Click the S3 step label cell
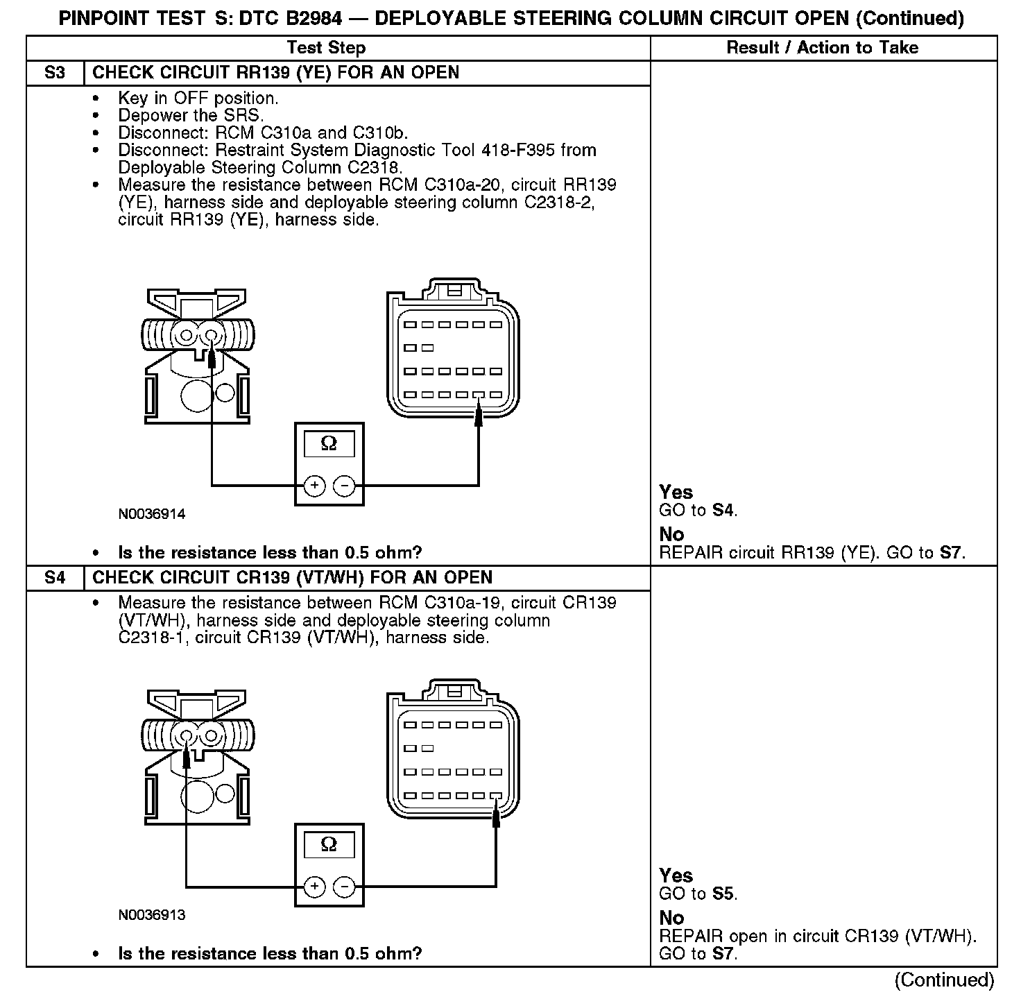point(55,73)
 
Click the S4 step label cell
point(55,578)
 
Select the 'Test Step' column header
point(326,48)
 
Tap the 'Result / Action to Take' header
point(822,48)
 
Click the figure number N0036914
point(152,515)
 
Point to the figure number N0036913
point(152,915)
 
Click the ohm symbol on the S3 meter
point(329,444)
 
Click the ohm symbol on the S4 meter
point(329,844)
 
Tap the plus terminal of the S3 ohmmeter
point(314,486)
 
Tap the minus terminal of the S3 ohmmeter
point(345,486)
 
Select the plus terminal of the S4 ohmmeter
point(314,887)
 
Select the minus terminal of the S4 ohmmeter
point(345,887)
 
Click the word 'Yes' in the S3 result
point(676,493)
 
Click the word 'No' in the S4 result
point(671,918)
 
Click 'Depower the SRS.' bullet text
point(191,116)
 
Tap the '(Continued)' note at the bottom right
point(944,980)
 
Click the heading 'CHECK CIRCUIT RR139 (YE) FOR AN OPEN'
point(275,73)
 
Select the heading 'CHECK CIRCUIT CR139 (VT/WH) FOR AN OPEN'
point(292,578)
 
